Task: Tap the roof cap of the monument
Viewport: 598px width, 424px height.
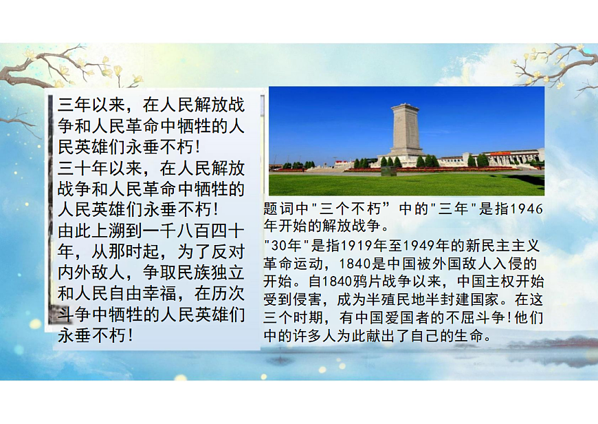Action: tap(406, 107)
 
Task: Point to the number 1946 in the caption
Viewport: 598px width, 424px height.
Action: tap(528, 209)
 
